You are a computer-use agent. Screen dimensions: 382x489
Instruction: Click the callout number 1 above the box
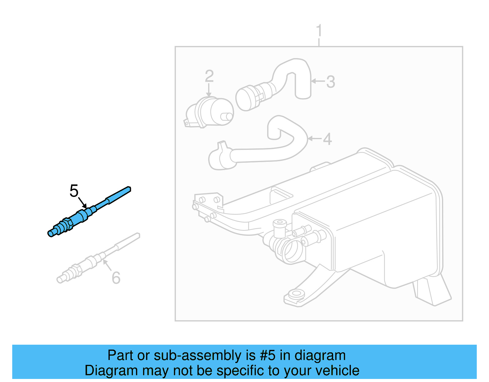[x=319, y=31]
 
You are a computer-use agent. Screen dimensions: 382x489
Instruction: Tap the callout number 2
[x=209, y=76]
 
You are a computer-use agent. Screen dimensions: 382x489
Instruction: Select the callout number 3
[x=331, y=82]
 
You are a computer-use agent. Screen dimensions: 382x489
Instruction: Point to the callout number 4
[x=327, y=139]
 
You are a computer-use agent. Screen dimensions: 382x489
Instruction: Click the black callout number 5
[x=74, y=191]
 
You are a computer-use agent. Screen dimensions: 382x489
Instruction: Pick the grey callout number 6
[x=116, y=278]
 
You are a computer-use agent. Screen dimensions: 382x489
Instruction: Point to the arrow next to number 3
[x=318, y=81]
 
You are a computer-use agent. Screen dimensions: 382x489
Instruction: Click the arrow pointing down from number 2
[x=209, y=90]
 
